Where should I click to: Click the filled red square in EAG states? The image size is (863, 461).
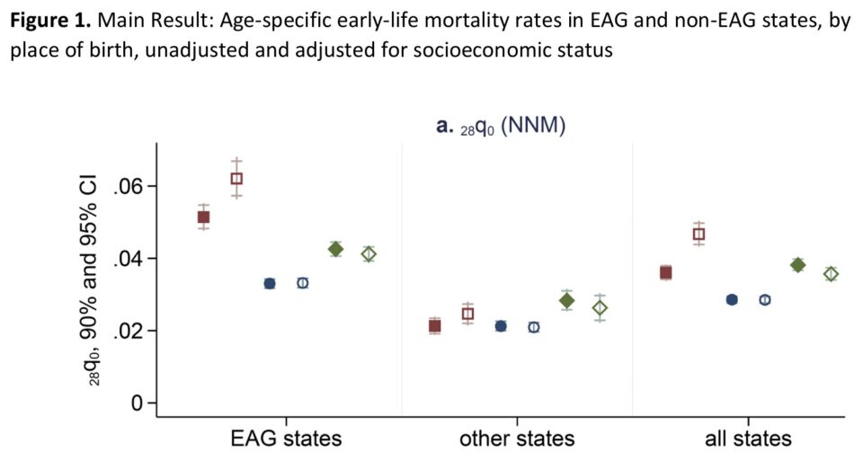pyautogui.click(x=204, y=217)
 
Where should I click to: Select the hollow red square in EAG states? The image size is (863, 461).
pyautogui.click(x=236, y=178)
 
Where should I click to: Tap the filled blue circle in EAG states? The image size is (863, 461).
pyautogui.click(x=270, y=283)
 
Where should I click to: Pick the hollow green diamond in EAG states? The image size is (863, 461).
pyautogui.click(x=369, y=254)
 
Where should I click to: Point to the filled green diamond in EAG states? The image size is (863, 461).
pyautogui.click(x=335, y=249)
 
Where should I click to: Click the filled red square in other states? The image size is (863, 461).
pyautogui.click(x=435, y=325)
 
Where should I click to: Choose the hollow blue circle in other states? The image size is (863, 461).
pyautogui.click(x=534, y=327)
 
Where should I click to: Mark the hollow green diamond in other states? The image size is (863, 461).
pyautogui.click(x=600, y=308)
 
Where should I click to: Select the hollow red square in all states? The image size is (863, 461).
pyautogui.click(x=698, y=235)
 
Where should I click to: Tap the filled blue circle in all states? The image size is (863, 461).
pyautogui.click(x=732, y=299)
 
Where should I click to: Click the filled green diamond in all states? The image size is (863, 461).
pyautogui.click(x=797, y=264)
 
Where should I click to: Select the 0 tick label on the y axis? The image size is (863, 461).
pyautogui.click(x=138, y=403)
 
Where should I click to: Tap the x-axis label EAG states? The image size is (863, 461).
pyautogui.click(x=286, y=439)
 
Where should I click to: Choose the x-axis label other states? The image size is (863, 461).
pyautogui.click(x=517, y=439)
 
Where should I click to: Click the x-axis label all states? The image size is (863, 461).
pyautogui.click(x=748, y=439)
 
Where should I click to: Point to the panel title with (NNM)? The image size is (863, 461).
pyautogui.click(x=500, y=128)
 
